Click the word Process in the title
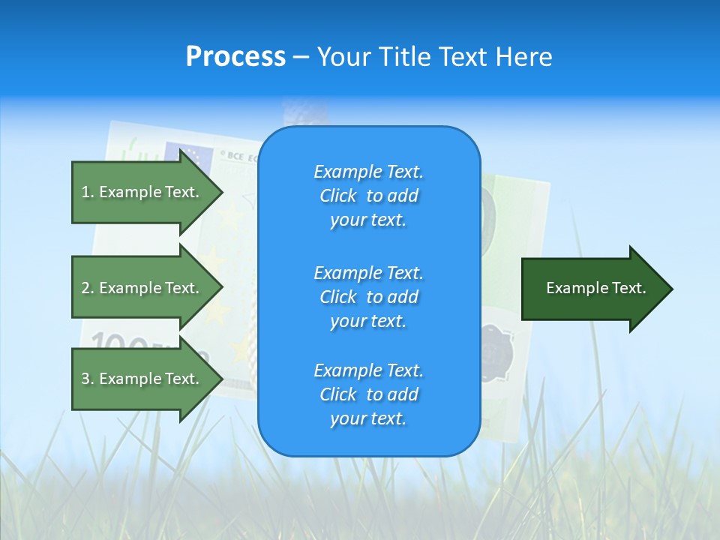[235, 57]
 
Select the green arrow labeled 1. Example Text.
[142, 192]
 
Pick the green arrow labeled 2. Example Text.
[142, 288]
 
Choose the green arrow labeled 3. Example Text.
[142, 379]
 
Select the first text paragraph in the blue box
[368, 196]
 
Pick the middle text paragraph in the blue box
[368, 296]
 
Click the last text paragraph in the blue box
[368, 394]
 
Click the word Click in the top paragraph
[338, 196]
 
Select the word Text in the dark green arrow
[628, 288]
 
